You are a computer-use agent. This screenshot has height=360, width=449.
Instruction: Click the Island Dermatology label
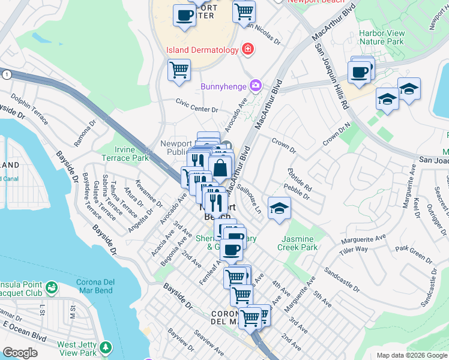pos(202,50)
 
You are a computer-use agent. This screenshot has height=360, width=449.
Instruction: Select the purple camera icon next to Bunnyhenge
pos(256,86)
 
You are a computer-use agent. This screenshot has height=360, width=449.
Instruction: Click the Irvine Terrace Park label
pos(131,154)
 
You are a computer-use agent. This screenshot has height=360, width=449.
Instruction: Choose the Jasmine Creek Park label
pos(298,242)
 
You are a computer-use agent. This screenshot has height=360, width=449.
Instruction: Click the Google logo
pos(20,353)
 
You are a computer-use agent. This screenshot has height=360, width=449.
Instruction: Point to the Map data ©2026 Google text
pos(412,355)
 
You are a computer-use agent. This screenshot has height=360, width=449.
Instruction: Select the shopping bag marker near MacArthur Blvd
pos(220,168)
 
